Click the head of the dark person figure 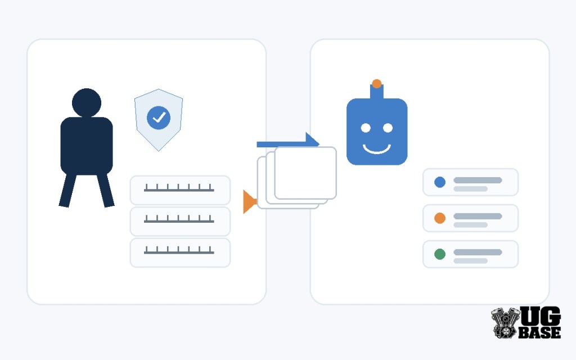[x=87, y=102]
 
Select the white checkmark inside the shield [x=159, y=118]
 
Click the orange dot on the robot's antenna [x=376, y=84]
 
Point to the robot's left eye [x=366, y=128]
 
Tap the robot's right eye [x=388, y=128]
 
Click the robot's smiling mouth [x=376, y=149]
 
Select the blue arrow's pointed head [x=312, y=141]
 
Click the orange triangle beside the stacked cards [x=249, y=202]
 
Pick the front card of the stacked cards [x=305, y=173]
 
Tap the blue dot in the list [x=440, y=182]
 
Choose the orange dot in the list [x=440, y=218]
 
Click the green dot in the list [x=440, y=254]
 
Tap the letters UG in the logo [x=541, y=316]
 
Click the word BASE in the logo [x=539, y=332]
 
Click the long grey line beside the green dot [x=478, y=252]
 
